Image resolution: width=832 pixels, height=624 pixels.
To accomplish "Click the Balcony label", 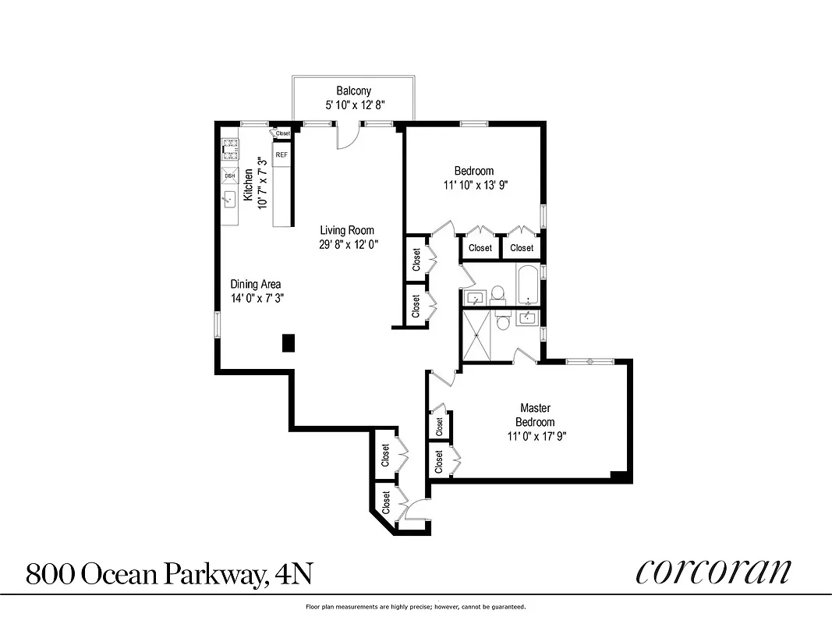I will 353,90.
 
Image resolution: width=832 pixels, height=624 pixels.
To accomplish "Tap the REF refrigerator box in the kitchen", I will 281,154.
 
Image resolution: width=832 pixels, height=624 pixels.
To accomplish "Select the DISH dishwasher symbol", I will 230,175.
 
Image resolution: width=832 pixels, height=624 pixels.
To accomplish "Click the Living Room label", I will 347,230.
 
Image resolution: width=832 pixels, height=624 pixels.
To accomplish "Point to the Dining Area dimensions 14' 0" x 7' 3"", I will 255,298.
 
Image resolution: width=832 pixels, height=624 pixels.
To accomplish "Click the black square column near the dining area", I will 288,342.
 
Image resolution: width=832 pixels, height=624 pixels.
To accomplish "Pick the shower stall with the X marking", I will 479,335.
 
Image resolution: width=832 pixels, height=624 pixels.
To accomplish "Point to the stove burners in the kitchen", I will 230,148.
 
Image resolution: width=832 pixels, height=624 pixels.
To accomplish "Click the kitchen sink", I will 230,200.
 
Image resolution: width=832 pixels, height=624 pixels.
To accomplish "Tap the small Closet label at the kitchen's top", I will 282,133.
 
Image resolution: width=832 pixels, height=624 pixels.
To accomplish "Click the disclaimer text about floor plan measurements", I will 416,606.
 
